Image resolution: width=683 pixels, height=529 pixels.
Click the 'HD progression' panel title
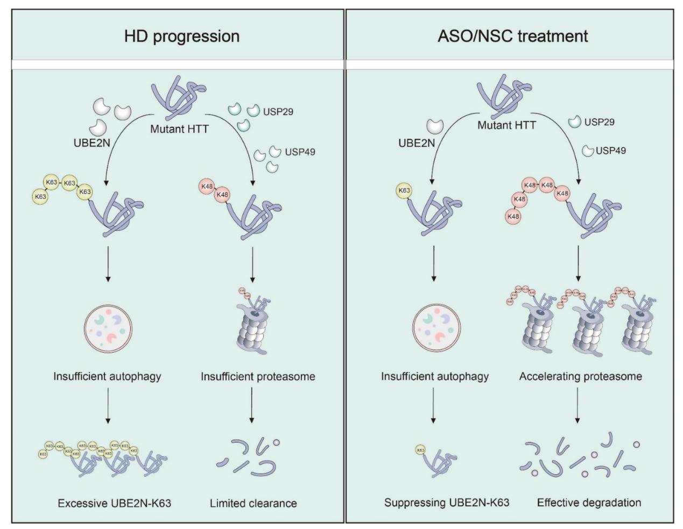click(x=181, y=36)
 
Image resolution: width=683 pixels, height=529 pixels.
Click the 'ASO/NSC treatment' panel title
click(x=512, y=36)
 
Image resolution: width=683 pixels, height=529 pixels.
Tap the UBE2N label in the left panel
click(x=92, y=143)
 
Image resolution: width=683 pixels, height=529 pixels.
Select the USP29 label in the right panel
click(x=599, y=122)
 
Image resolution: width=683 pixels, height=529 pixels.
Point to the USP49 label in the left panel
click(x=300, y=152)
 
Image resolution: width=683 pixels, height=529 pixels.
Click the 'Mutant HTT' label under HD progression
click(x=179, y=129)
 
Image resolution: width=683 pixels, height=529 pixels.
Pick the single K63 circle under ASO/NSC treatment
click(x=404, y=190)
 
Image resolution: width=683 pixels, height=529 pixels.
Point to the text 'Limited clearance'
click(x=253, y=504)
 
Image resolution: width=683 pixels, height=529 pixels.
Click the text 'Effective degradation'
click(x=589, y=503)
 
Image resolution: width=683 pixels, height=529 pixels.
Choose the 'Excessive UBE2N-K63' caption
click(x=114, y=504)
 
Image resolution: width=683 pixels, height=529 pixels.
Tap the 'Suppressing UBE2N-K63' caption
click(x=446, y=503)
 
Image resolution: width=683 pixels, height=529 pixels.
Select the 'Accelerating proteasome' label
click(x=580, y=376)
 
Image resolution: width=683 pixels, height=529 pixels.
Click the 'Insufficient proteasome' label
click(x=258, y=376)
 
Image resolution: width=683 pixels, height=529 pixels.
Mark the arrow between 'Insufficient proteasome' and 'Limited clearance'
click(x=252, y=405)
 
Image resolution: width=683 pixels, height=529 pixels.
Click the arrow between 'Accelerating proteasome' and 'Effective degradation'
click(x=578, y=405)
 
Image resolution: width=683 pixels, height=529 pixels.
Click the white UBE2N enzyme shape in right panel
click(x=434, y=126)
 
